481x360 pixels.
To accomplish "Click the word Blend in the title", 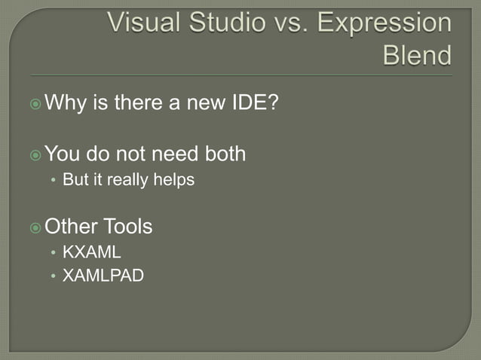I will (418, 56).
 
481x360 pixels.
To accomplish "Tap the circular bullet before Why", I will (35, 102).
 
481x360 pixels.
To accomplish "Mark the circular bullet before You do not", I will (35, 155).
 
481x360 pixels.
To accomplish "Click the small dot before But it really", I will (53, 182).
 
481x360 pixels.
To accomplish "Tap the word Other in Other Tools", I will (72, 226).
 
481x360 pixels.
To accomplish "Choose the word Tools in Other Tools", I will (128, 226).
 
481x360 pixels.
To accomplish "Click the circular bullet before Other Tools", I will (35, 227).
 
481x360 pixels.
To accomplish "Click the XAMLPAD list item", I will (103, 276).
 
